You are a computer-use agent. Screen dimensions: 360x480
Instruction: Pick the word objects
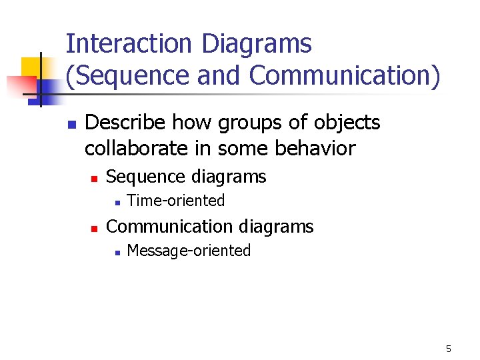[x=345, y=123]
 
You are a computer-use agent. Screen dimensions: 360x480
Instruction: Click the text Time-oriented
[x=175, y=201]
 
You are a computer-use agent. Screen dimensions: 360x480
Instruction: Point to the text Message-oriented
[x=188, y=251]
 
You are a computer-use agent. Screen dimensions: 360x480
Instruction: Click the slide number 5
[x=449, y=349]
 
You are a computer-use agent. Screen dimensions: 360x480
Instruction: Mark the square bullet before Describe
[x=72, y=125]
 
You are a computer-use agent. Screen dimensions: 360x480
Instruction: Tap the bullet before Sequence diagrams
[x=95, y=178]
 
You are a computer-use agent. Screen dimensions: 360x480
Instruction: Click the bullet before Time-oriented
[x=116, y=201]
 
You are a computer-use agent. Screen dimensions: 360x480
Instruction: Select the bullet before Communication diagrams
[x=95, y=228]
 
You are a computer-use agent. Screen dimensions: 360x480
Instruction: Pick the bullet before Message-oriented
[x=116, y=252]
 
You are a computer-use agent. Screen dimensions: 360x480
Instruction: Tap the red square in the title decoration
[x=20, y=85]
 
